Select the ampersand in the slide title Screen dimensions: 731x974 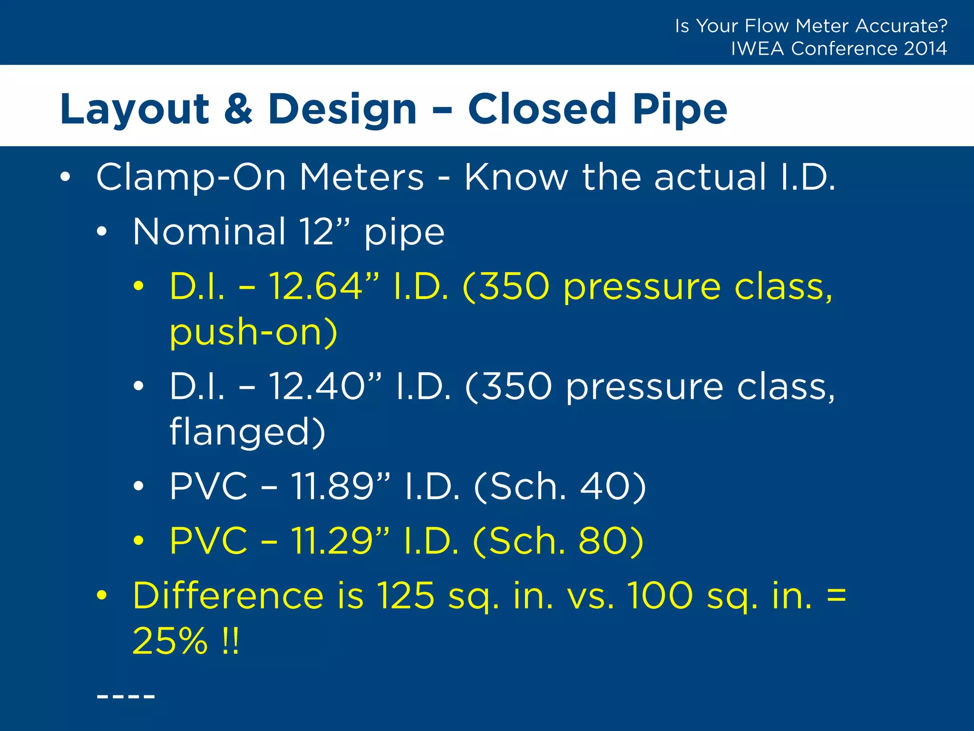(x=238, y=109)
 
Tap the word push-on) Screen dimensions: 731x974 (x=253, y=332)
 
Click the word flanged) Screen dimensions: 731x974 (x=247, y=432)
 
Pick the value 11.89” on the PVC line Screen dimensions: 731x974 (x=341, y=486)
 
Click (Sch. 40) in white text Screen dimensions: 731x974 (x=560, y=486)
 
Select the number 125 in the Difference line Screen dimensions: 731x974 (x=406, y=595)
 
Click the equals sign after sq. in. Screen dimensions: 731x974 (x=837, y=595)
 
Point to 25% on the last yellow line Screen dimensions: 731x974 (x=170, y=641)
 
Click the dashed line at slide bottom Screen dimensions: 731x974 (x=126, y=697)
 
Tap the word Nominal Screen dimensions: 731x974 (x=209, y=232)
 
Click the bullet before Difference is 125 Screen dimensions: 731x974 (x=101, y=595)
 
